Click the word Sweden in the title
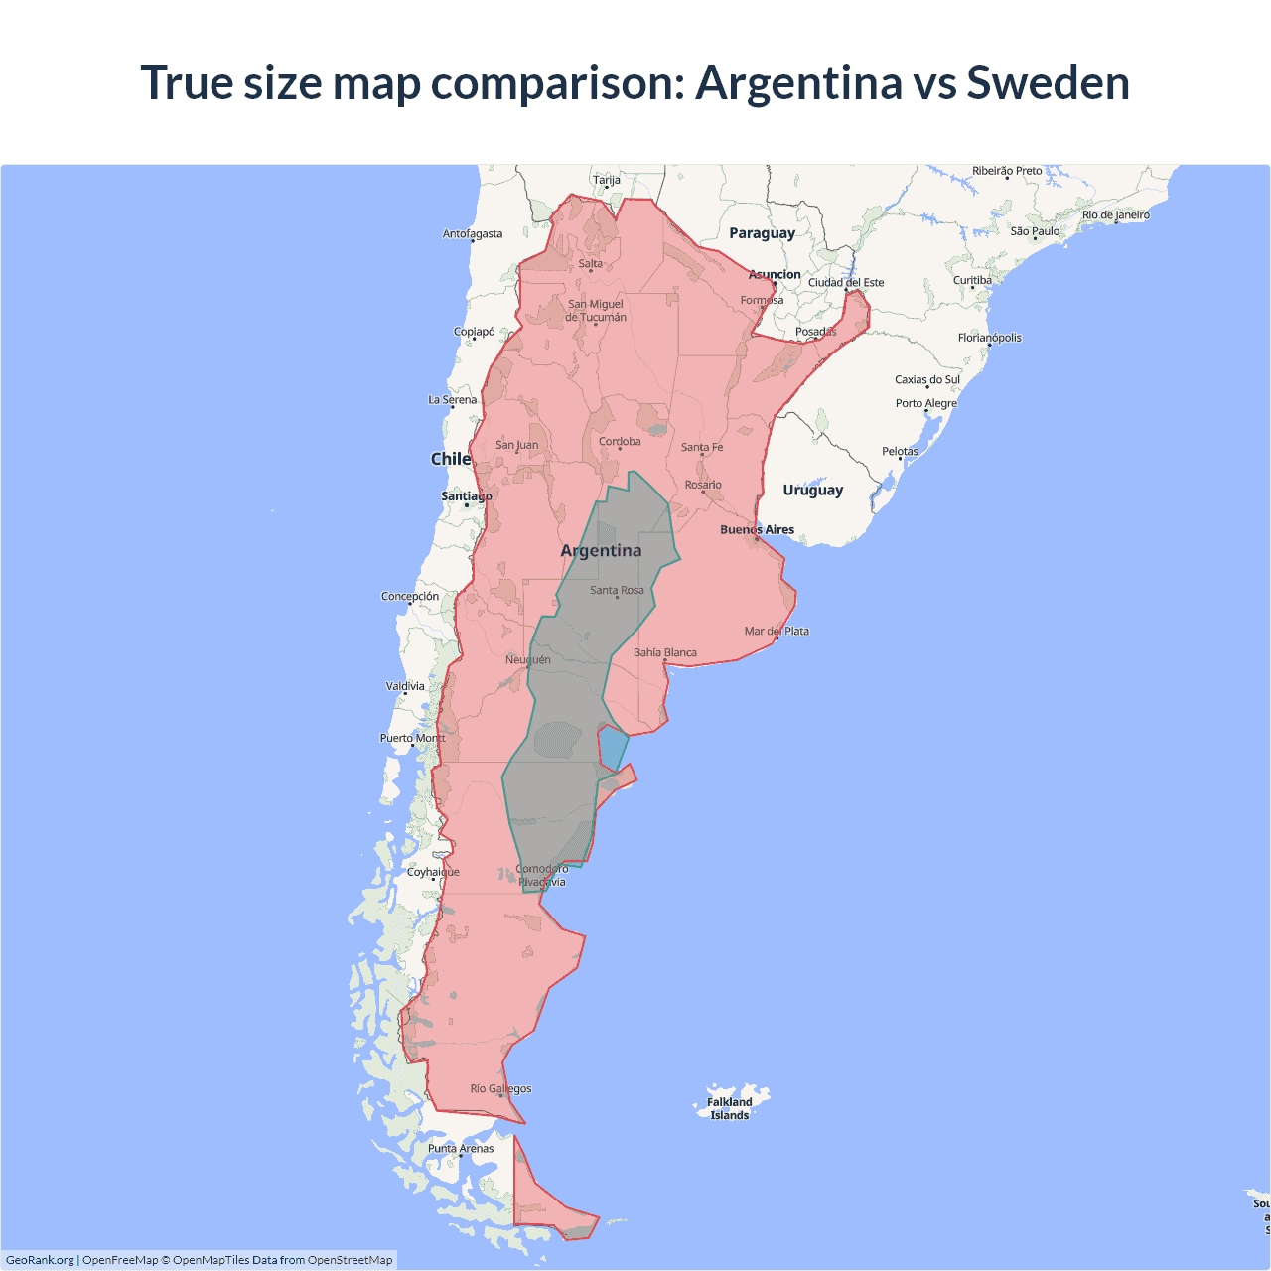(1048, 82)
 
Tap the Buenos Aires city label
(757, 530)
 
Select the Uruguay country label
(812, 490)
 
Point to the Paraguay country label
(762, 233)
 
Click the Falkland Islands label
(729, 1108)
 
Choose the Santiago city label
(466, 496)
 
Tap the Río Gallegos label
(500, 1089)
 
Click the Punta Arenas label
(461, 1149)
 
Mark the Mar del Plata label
(777, 632)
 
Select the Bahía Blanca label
(665, 653)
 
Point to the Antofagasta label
(473, 234)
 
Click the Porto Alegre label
(925, 403)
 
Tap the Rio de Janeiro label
(1115, 214)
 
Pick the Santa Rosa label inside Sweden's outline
(617, 591)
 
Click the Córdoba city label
(620, 442)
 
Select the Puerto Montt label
(412, 738)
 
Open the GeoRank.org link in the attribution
(40, 1260)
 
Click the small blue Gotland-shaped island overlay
(613, 746)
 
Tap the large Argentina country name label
(601, 551)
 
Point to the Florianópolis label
(989, 338)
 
